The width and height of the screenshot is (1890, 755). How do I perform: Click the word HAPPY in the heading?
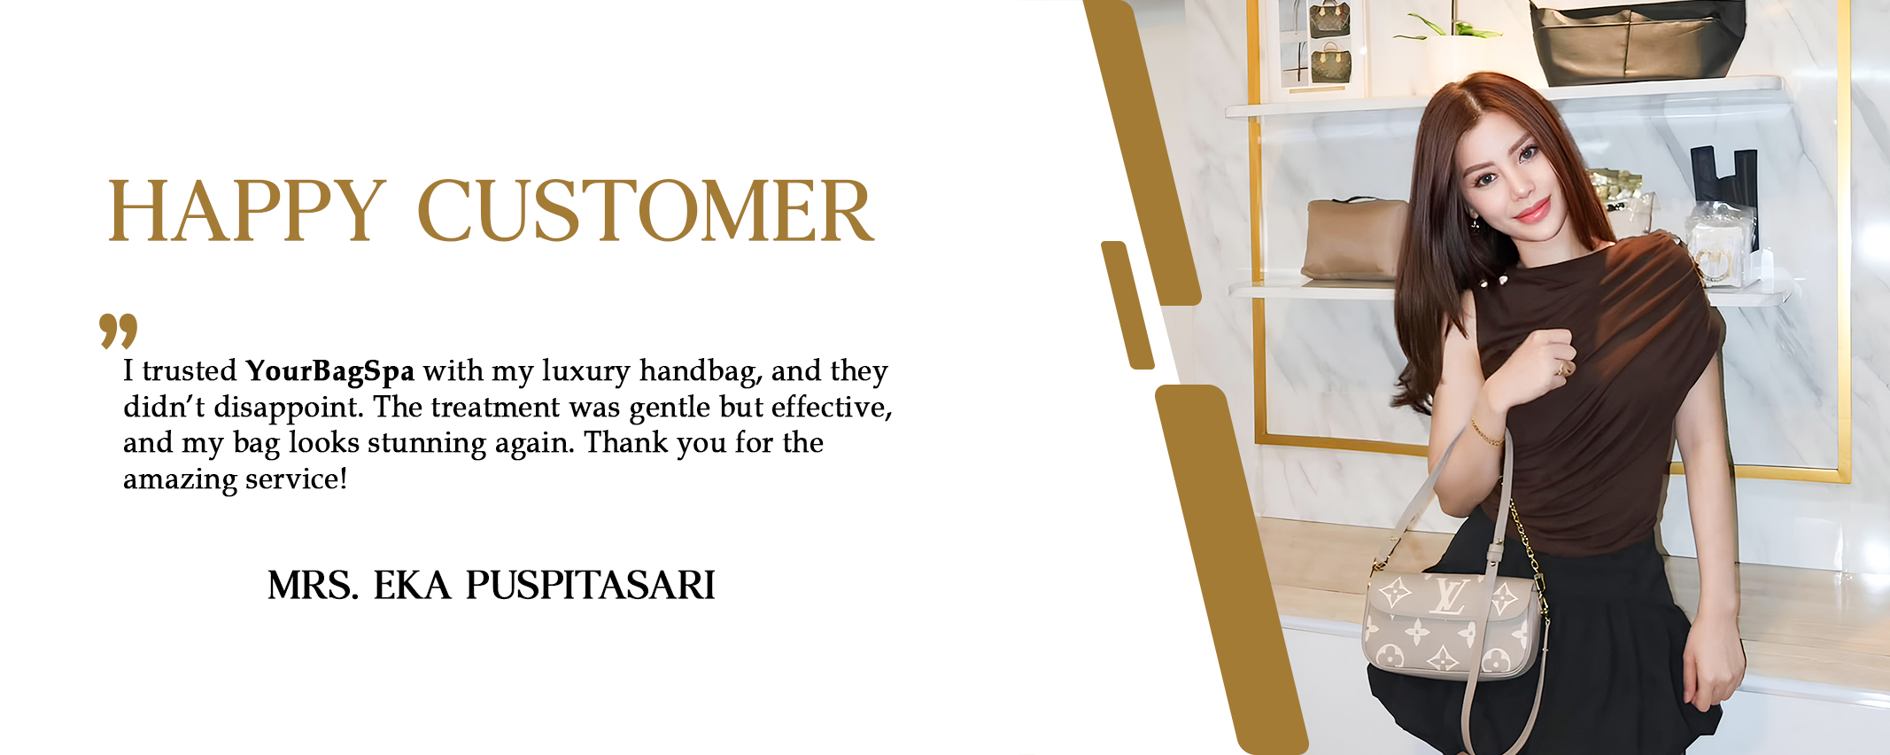coord(247,211)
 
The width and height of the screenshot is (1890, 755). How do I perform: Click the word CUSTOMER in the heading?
coord(646,211)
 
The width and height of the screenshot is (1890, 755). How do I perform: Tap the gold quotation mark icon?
coord(119,331)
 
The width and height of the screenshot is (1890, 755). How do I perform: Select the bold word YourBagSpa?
coord(330,371)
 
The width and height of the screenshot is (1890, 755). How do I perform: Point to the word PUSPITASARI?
coord(591,585)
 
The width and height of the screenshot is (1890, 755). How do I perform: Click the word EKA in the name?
coord(412,585)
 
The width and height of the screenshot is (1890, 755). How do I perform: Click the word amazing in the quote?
coord(180,480)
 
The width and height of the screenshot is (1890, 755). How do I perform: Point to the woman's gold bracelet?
coord(1487,433)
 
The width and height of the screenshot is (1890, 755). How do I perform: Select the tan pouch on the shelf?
coord(1354,238)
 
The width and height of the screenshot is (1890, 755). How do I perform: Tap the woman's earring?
coord(1475,222)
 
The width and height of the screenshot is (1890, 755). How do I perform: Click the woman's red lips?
coord(1533,211)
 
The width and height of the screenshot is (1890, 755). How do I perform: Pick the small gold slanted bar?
coord(1127,305)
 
